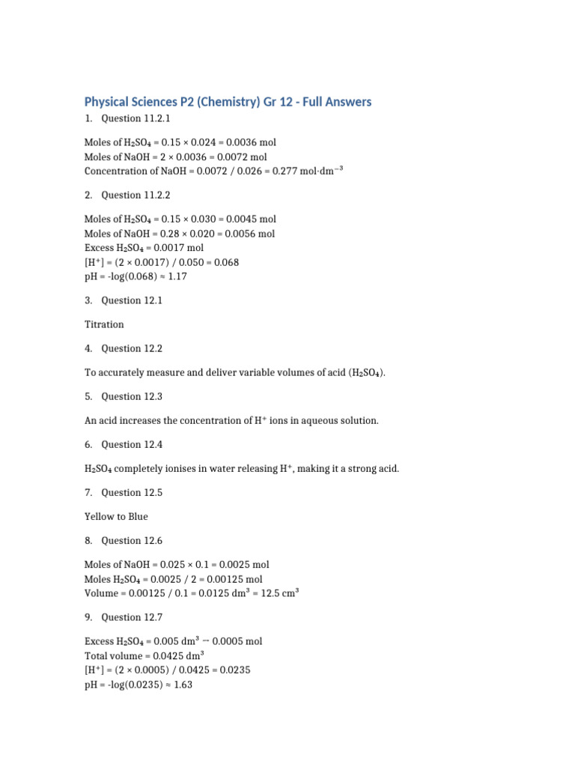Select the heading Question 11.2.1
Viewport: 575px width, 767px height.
pyautogui.click(x=131, y=118)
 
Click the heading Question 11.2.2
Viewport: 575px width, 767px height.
pyautogui.click(x=131, y=195)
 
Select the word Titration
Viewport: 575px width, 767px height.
pyautogui.click(x=104, y=324)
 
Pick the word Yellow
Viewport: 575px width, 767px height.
pyautogui.click(x=98, y=516)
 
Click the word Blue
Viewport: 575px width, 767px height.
pyautogui.click(x=137, y=516)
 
